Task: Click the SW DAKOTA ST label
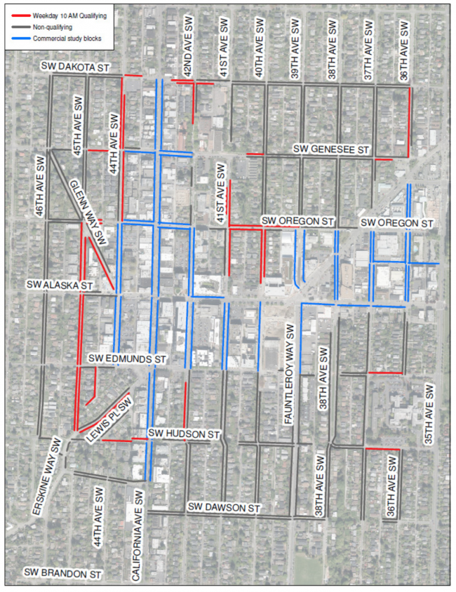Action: click(x=76, y=67)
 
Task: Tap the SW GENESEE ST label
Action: click(x=331, y=149)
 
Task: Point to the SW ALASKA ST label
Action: click(x=60, y=285)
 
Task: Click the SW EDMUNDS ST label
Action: click(x=128, y=358)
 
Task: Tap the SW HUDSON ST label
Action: click(x=185, y=435)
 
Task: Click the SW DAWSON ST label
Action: click(x=224, y=507)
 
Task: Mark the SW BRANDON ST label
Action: click(x=62, y=573)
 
